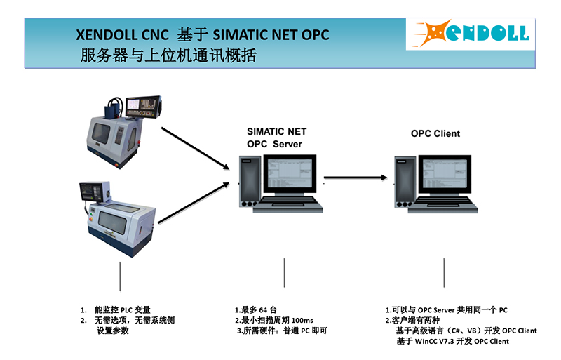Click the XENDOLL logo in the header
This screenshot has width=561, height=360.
pyautogui.click(x=471, y=33)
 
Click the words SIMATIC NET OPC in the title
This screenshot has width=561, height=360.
pyautogui.click(x=271, y=35)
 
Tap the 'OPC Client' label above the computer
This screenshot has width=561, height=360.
pyautogui.click(x=435, y=133)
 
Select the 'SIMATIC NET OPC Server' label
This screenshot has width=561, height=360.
pyautogui.click(x=276, y=138)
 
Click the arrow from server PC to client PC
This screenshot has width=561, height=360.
pyautogui.click(x=356, y=178)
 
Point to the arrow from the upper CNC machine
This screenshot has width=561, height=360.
pyautogui.click(x=196, y=148)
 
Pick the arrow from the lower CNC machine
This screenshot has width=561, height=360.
pyautogui.click(x=194, y=203)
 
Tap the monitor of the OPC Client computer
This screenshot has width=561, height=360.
pyautogui.click(x=445, y=174)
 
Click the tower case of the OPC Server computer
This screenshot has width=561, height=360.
pyautogui.click(x=250, y=182)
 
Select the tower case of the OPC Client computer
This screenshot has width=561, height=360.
pyautogui.click(x=405, y=182)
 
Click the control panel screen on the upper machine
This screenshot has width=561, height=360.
pyautogui.click(x=133, y=105)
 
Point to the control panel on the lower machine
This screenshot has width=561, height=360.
pyautogui.click(x=95, y=192)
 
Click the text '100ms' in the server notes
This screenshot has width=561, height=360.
pyautogui.click(x=302, y=321)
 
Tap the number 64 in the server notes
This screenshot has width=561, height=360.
pyautogui.click(x=263, y=310)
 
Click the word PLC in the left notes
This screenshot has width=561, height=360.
pyautogui.click(x=126, y=310)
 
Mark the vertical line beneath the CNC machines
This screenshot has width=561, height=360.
pyautogui.click(x=120, y=276)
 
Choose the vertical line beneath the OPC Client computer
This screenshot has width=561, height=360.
pyautogui.click(x=444, y=273)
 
